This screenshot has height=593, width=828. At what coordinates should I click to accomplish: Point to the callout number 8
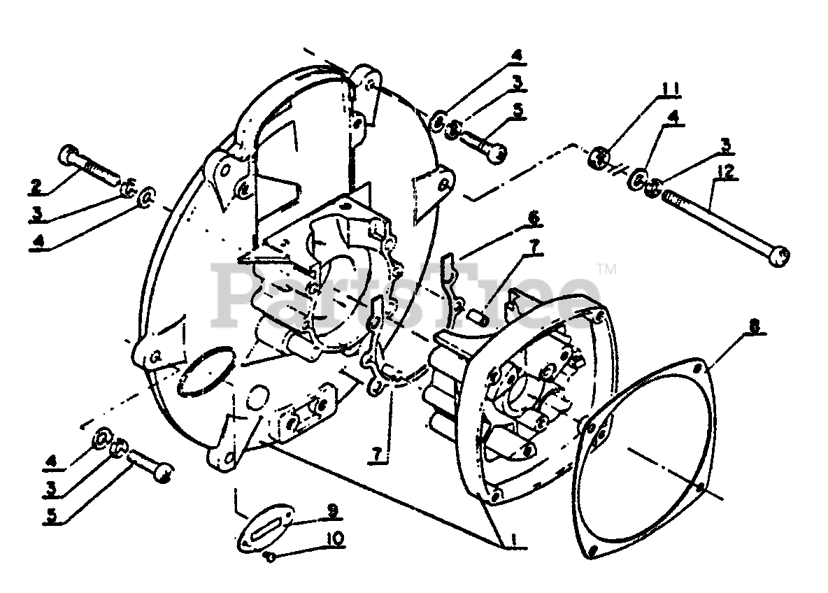point(736,326)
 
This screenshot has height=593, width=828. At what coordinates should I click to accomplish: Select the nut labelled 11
point(599,157)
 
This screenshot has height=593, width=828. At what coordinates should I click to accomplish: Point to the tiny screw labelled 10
point(271,556)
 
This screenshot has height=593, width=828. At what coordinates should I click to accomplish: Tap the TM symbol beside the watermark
point(606,268)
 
